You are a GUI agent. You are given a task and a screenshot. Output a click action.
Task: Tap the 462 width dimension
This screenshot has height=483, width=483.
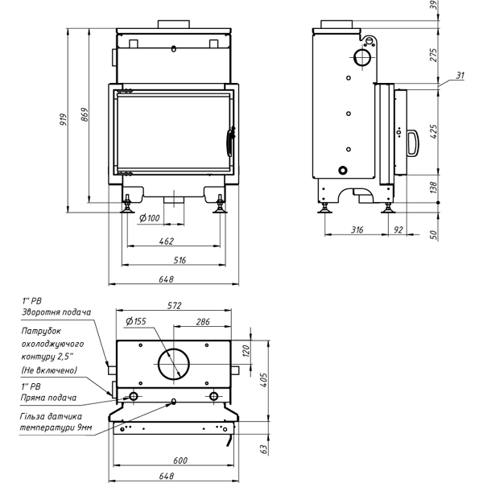pos(167,241)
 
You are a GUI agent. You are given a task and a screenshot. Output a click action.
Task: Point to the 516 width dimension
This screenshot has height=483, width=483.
pos(179,260)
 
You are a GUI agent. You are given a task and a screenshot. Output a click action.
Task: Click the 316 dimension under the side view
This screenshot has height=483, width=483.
pos(357,230)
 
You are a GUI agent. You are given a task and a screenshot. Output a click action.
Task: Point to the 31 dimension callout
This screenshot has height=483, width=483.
pos(460,76)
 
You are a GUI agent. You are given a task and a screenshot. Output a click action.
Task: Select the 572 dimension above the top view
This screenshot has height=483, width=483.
pos(175,306)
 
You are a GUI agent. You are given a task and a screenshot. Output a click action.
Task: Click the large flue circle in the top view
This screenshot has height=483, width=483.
pos(174,365)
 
